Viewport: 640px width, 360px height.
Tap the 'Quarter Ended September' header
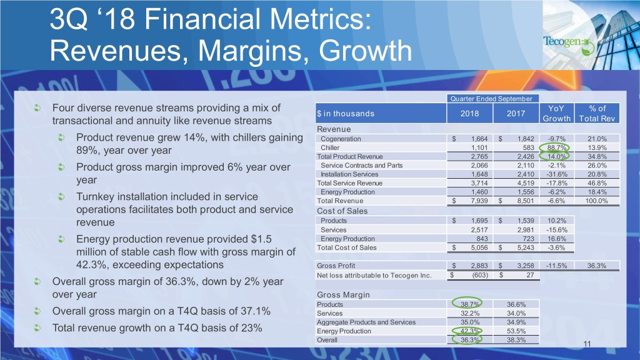coord(491,98)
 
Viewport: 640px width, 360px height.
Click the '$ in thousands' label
coord(346,114)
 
